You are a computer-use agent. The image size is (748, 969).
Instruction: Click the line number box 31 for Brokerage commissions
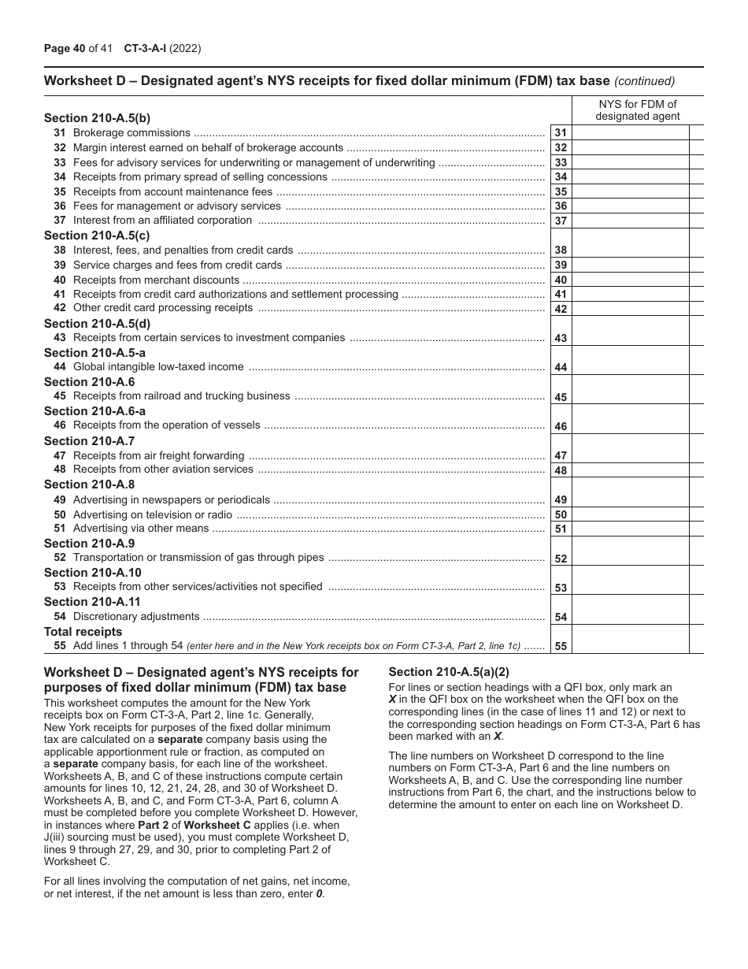(x=560, y=133)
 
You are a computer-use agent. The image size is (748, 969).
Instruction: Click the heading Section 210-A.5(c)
(x=97, y=236)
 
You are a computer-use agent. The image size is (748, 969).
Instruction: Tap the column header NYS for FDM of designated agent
(x=637, y=110)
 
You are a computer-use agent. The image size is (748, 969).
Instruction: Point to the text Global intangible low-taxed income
(x=158, y=367)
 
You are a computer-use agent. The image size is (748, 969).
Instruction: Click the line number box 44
(x=560, y=367)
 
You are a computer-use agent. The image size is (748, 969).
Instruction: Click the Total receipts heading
(x=83, y=632)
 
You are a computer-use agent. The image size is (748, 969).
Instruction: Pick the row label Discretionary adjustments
(x=136, y=617)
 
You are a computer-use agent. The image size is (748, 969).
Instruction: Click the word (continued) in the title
(x=644, y=80)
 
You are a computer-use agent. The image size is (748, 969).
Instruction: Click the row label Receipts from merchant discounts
(x=156, y=280)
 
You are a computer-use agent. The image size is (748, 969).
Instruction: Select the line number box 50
(x=560, y=514)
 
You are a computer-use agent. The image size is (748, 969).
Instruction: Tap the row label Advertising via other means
(x=141, y=529)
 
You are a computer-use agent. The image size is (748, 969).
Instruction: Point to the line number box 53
(x=560, y=587)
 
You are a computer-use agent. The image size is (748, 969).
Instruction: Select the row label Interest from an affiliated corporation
(x=162, y=221)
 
